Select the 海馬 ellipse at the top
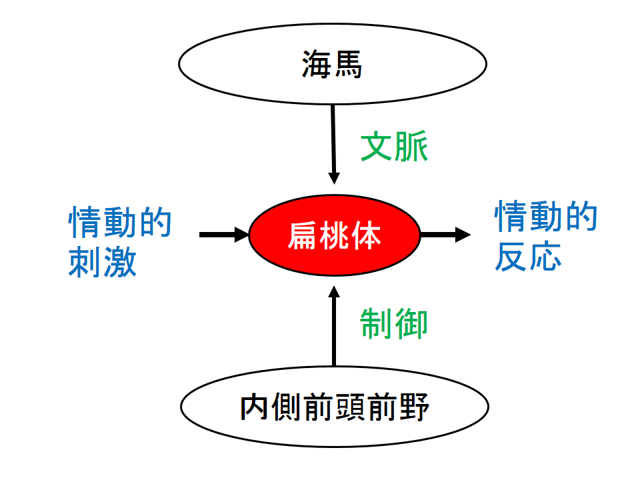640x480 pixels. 332,65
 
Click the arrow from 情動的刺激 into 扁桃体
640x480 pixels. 223,235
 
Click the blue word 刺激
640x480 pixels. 103,262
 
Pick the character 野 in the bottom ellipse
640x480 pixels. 413,407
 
